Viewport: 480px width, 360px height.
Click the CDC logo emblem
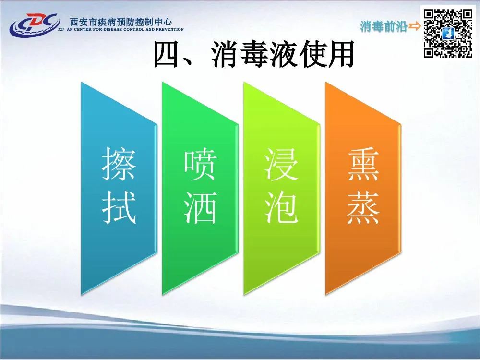34,24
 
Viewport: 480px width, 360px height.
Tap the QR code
448,34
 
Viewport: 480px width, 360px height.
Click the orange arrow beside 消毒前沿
415,26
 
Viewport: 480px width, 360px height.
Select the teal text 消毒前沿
384,26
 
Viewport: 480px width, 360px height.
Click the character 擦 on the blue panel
119,164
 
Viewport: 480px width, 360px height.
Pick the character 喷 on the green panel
200,164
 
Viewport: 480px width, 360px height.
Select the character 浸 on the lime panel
281,164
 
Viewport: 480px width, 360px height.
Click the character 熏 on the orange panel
363,164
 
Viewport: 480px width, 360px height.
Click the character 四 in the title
166,55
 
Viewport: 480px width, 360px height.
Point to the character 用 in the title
340,55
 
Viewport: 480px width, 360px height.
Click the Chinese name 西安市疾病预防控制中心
121,22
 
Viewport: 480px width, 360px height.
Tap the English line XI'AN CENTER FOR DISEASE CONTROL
121,29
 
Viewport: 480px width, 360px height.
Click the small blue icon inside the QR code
448,34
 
